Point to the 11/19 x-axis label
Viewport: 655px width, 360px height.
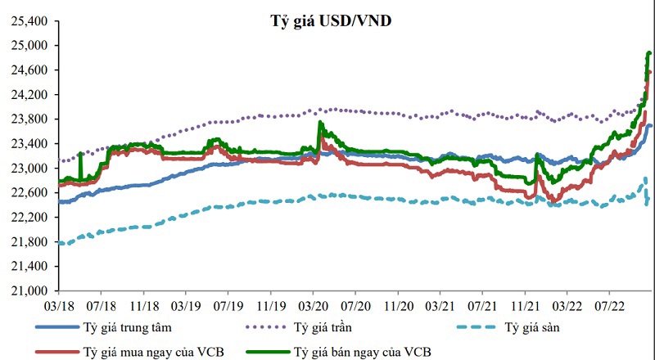(x=270, y=304)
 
